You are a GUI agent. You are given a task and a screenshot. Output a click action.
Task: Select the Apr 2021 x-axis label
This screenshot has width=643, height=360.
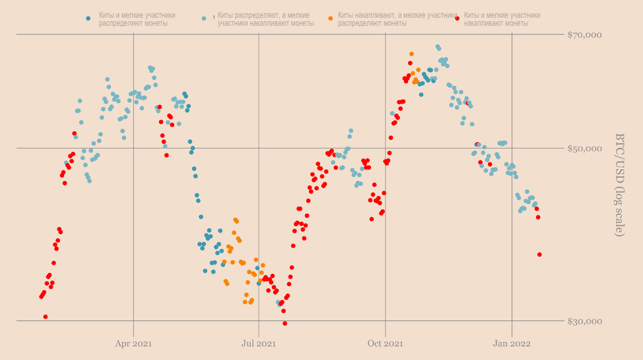pos(133,343)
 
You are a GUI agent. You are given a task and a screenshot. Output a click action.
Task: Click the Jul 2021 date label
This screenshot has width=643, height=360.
pos(259,343)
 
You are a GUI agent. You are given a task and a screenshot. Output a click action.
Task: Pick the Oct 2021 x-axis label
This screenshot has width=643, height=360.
pos(386,343)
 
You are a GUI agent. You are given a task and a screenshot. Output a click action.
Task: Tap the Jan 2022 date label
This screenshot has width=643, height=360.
pos(512,343)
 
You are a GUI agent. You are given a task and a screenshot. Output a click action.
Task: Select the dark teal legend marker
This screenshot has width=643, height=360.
pos(88,18)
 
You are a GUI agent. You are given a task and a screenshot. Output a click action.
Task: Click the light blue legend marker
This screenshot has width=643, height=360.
pos(204,18)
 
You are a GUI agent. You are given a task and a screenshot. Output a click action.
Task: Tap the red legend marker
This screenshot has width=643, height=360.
pos(456,18)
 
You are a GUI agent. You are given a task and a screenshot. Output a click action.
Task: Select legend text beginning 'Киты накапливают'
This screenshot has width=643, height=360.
pos(397,18)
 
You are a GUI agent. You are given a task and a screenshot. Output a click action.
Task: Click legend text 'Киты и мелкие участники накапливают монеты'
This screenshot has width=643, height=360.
pos(502,18)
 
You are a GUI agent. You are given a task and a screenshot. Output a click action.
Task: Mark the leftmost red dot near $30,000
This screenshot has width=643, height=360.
pos(46,316)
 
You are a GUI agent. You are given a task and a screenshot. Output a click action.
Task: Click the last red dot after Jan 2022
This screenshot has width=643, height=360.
pos(539,254)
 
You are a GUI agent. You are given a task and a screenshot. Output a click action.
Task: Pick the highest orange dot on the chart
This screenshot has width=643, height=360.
pos(411,54)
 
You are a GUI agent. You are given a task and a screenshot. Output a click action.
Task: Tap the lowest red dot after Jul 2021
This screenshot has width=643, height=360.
pos(285,323)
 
